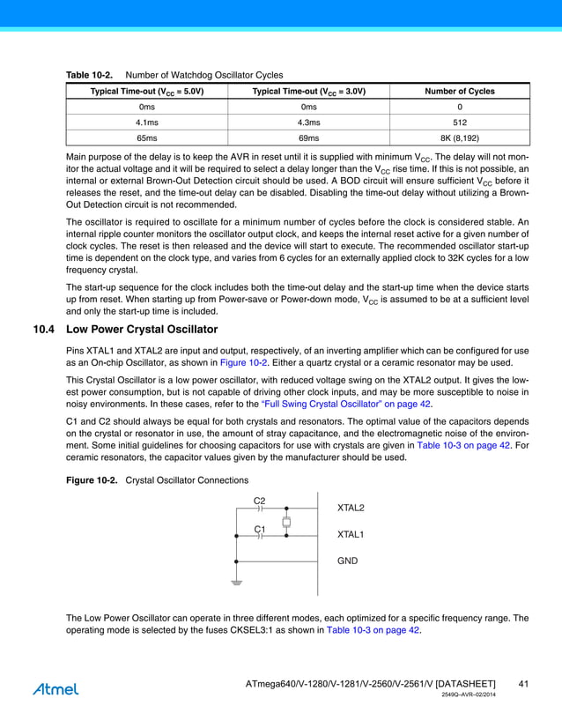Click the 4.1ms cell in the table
pos(146,123)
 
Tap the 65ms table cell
pos(146,138)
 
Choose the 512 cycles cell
pos(460,123)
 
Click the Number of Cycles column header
pos(460,91)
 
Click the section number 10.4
pos(45,330)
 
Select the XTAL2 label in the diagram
pos(351,509)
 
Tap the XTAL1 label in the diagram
pos(351,535)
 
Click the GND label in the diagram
pos(347,561)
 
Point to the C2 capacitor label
pos(259,501)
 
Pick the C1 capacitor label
pos(259,529)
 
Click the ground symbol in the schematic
pos(236,583)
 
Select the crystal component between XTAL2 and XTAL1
pos(286,523)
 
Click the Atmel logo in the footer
pos(55,688)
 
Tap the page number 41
pos(523,684)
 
